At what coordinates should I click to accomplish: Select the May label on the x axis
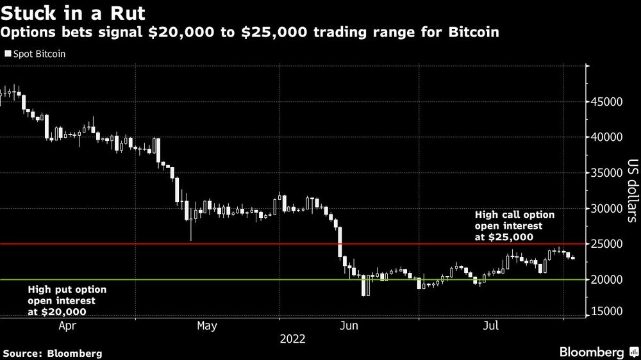pyautogui.click(x=207, y=326)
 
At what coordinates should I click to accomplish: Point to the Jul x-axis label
pyautogui.click(x=491, y=326)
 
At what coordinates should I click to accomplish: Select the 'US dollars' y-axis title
pyautogui.click(x=632, y=191)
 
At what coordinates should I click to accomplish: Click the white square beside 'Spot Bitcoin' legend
pyautogui.click(x=8, y=54)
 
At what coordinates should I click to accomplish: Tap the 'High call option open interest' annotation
pyautogui.click(x=514, y=225)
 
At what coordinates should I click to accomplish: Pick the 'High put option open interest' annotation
pyautogui.click(x=67, y=300)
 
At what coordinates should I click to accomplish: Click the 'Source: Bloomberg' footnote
pyautogui.click(x=53, y=353)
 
